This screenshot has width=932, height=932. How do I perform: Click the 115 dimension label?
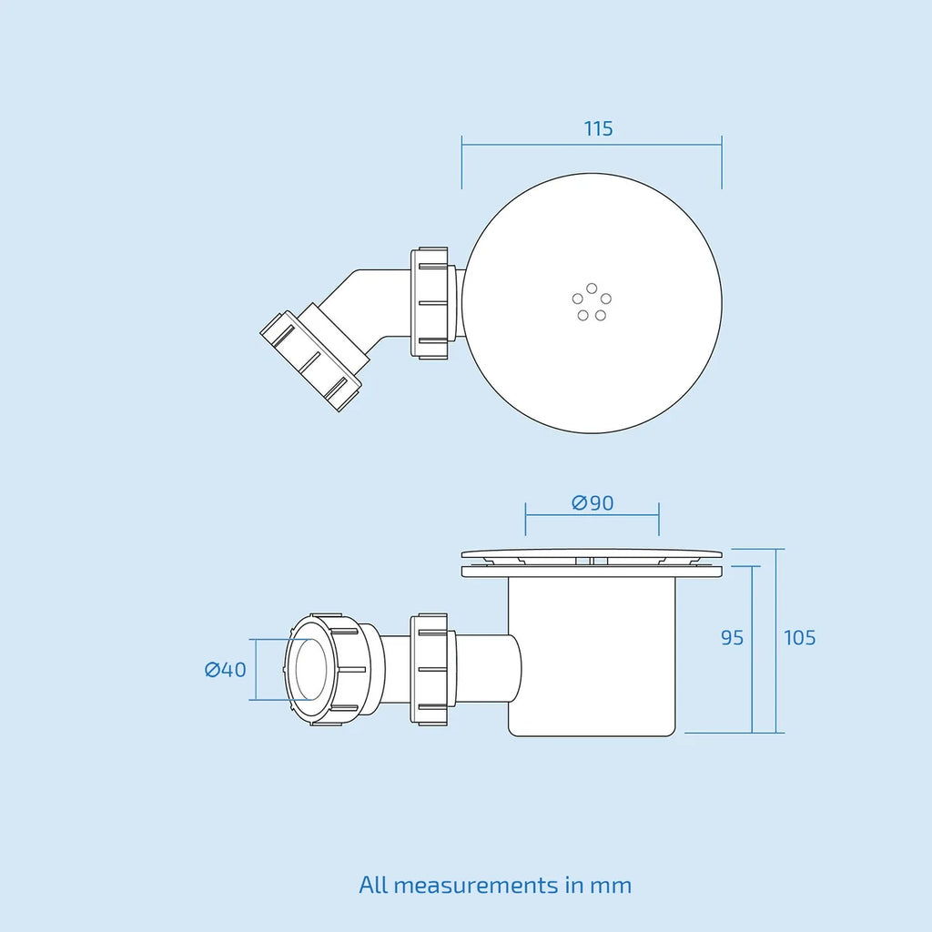click(598, 128)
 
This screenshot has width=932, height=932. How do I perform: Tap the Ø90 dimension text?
click(593, 502)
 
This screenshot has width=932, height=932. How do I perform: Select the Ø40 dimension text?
click(226, 670)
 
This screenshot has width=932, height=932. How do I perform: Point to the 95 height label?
click(733, 638)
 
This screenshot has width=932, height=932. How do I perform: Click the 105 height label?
click(799, 638)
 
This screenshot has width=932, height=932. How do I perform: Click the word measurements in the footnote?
click(475, 886)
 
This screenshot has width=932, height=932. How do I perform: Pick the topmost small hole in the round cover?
click(592, 289)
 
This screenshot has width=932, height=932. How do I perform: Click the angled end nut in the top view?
click(310, 360)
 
